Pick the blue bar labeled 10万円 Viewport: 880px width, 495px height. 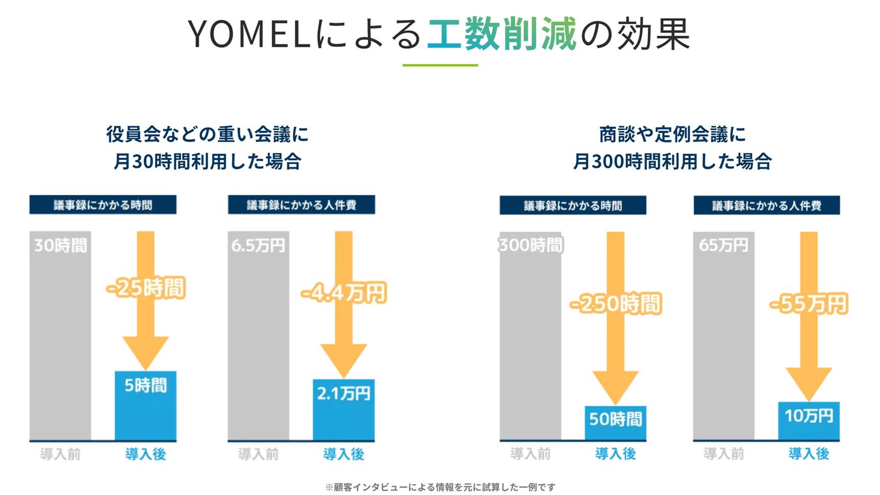809,420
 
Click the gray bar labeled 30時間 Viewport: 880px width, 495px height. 60,337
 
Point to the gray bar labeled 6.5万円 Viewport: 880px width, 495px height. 258,337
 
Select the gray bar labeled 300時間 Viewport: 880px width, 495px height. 530,337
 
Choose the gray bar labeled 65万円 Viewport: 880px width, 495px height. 723,337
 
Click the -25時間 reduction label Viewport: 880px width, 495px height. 145,288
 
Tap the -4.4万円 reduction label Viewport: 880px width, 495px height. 343,293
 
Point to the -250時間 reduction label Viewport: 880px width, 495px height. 615,304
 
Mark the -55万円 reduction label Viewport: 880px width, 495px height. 809,304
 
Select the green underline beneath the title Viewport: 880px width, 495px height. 440,65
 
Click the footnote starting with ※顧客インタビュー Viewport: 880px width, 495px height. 440,487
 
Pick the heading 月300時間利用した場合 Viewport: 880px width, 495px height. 672,162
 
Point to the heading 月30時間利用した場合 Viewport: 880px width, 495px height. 207,162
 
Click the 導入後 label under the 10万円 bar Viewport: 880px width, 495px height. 809,454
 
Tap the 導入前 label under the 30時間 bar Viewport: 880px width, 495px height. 60,454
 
